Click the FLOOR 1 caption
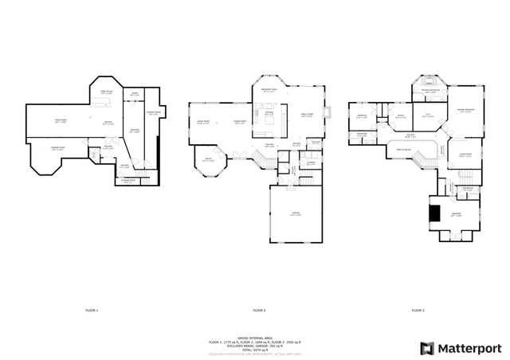click(x=92, y=310)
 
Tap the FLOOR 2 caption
click(x=259, y=310)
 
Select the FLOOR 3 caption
click(x=418, y=310)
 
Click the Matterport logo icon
click(x=428, y=348)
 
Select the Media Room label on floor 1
click(x=60, y=121)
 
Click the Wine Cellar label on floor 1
click(x=105, y=92)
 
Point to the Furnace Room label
click(x=153, y=113)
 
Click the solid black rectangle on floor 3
click(x=434, y=213)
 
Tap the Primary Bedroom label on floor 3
click(x=466, y=110)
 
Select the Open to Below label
click(x=403, y=149)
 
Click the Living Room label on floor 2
click(x=202, y=122)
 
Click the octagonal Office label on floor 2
click(x=209, y=160)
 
